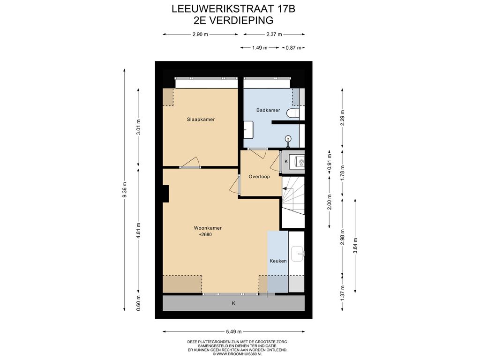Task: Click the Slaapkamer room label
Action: click(x=201, y=120)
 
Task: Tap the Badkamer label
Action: click(x=268, y=110)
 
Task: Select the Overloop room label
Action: click(x=259, y=177)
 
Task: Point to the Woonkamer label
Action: click(x=208, y=228)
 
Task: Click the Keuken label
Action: click(x=278, y=261)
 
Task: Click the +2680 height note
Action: click(x=205, y=235)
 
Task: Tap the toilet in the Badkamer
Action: click(x=293, y=113)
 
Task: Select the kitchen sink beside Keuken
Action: click(x=298, y=254)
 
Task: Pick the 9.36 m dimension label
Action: click(x=124, y=190)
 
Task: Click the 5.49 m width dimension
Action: click(x=234, y=331)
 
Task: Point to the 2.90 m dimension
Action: click(x=200, y=34)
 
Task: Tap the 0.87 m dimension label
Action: click(x=293, y=48)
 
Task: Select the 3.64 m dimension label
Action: click(x=355, y=246)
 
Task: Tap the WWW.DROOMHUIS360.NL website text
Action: click(x=240, y=354)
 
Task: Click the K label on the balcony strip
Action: click(x=233, y=303)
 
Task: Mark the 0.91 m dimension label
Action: click(x=330, y=163)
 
